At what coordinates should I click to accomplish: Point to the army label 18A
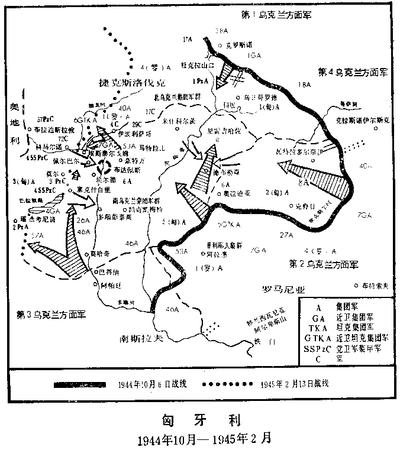[x=305, y=85]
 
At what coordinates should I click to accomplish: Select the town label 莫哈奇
[x=99, y=254]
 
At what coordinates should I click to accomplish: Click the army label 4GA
[x=53, y=211]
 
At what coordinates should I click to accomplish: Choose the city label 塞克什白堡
[x=92, y=190]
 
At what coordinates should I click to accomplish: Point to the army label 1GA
[x=256, y=55]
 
